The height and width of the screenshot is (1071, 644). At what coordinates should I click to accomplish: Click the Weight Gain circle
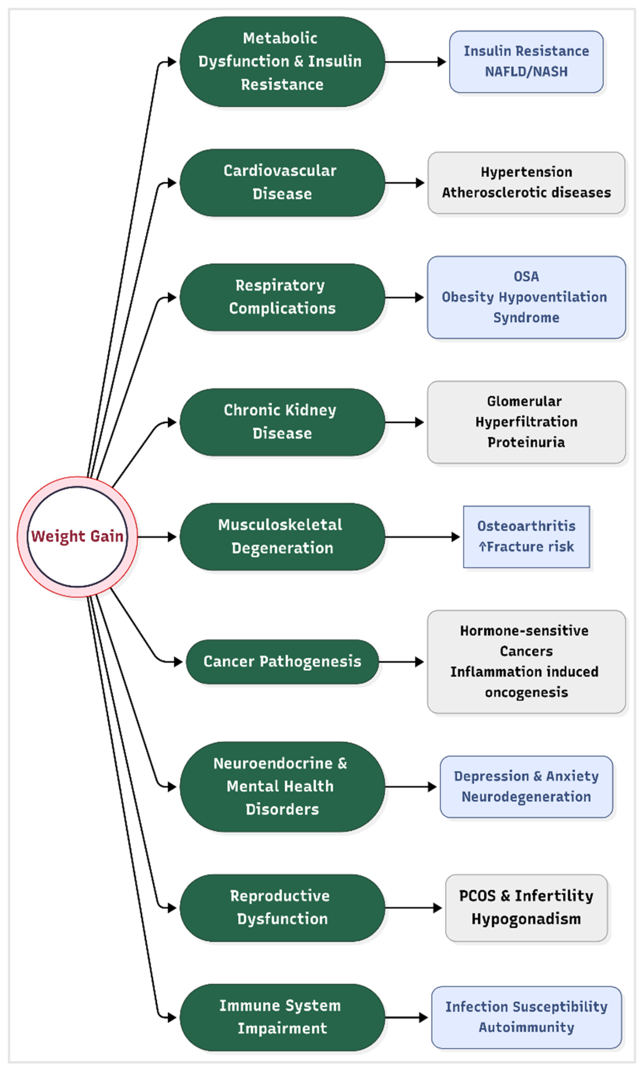point(77,537)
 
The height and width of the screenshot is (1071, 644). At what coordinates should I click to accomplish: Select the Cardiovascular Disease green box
point(282,183)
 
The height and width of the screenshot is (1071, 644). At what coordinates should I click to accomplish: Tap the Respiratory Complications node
point(282,297)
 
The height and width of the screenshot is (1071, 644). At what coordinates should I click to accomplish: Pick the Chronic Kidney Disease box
point(282,422)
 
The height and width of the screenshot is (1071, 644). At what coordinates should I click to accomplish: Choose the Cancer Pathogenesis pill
point(282,661)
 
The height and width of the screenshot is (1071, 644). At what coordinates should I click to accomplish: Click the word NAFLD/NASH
point(526,71)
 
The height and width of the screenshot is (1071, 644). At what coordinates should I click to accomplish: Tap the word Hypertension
point(526,172)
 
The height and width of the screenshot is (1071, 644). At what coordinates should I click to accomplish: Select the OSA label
point(526,276)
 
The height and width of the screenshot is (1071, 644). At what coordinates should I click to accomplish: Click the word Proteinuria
point(526,442)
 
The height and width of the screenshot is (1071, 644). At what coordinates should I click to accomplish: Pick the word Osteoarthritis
point(526,526)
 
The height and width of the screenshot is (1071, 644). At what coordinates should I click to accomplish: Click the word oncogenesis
point(526,692)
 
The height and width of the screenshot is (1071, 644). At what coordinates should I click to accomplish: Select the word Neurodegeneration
point(526,797)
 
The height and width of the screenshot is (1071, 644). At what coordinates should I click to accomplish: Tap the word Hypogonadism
point(526,919)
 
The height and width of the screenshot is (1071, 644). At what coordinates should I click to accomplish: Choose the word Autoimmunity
point(526,1027)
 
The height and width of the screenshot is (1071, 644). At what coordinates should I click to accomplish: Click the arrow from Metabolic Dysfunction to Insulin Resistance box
point(416,62)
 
